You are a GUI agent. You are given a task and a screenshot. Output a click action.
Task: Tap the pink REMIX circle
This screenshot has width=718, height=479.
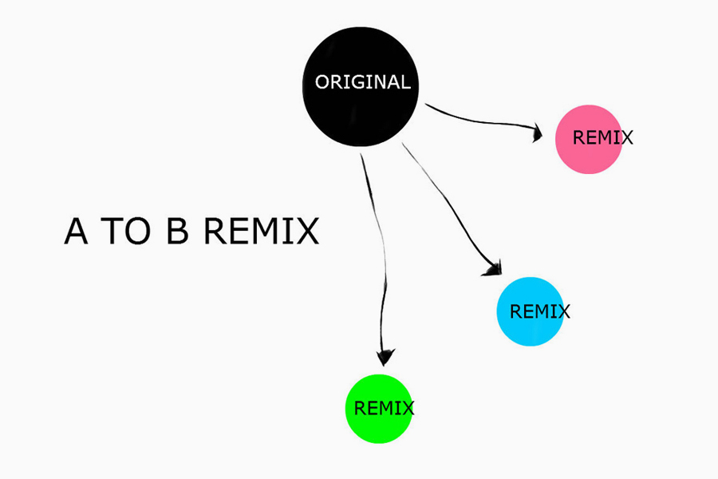click(x=589, y=139)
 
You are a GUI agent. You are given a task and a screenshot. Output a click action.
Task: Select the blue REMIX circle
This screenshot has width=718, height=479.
click(x=530, y=311)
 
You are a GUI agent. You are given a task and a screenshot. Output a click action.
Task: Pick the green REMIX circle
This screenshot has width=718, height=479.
click(x=377, y=408)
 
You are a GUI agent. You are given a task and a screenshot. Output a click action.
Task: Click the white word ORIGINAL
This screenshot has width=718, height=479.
click(x=363, y=82)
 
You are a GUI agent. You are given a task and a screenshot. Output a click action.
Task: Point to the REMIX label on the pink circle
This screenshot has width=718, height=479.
click(x=603, y=137)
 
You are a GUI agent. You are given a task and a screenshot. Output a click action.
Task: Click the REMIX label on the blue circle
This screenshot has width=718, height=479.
click(x=540, y=311)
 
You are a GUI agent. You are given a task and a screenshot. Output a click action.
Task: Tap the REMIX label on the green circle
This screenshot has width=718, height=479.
click(x=384, y=408)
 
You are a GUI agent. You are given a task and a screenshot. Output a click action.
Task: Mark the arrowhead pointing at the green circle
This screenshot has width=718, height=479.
click(x=385, y=356)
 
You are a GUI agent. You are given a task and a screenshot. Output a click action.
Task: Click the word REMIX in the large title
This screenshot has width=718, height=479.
click(x=261, y=232)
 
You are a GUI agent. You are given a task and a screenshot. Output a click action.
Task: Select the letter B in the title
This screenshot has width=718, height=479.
click(x=178, y=232)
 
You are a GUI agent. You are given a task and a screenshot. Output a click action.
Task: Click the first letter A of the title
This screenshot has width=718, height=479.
click(x=77, y=232)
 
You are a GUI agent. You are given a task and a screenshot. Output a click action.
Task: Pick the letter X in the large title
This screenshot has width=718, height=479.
click(x=306, y=232)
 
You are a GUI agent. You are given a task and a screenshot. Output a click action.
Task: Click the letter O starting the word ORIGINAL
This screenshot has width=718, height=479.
click(x=323, y=82)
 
